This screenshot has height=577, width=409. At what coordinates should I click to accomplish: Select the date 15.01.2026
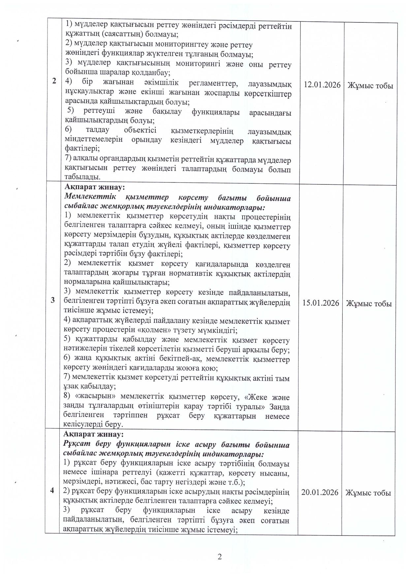pyautogui.click(x=321, y=303)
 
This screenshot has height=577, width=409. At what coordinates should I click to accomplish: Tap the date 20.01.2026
pyautogui.click(x=320, y=492)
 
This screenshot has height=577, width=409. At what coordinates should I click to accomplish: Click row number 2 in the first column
pyautogui.click(x=54, y=81)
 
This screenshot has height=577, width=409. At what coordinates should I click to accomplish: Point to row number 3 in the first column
pyautogui.click(x=53, y=300)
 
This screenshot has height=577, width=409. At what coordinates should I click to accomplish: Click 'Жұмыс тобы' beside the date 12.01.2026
pyautogui.click(x=370, y=86)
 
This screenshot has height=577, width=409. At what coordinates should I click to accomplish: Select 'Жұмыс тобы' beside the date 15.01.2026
pyautogui.click(x=369, y=304)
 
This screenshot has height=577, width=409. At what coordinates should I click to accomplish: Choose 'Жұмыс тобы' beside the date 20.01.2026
pyautogui.click(x=368, y=493)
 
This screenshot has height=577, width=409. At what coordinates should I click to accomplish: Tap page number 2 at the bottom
pyautogui.click(x=220, y=557)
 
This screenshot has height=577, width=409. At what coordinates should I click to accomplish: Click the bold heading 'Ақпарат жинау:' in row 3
pyautogui.click(x=95, y=187)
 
